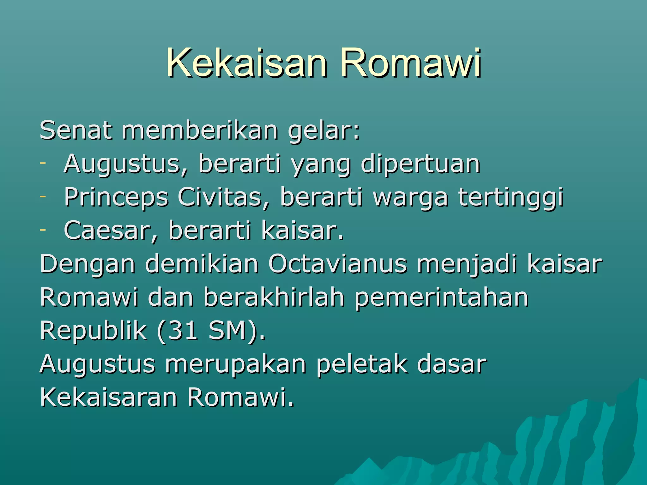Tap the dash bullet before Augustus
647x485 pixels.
43,163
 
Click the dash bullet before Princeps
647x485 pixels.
43,196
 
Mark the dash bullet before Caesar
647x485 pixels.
43,230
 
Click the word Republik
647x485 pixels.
93,331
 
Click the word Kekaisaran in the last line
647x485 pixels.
108,397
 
